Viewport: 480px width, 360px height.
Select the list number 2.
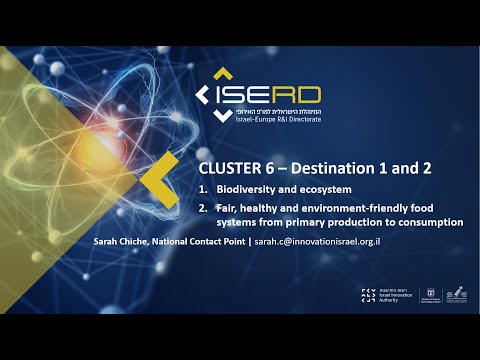tap(202, 208)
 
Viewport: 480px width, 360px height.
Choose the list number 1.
tap(202, 189)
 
